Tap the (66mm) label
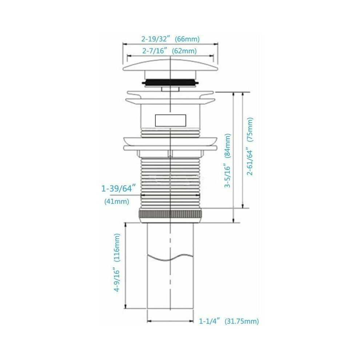[x=187, y=39]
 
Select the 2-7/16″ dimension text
[x=155, y=51]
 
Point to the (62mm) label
[x=184, y=51]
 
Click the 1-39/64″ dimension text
[x=117, y=188]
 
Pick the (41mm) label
[x=117, y=201]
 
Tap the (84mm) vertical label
[x=227, y=146]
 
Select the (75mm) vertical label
[x=249, y=130]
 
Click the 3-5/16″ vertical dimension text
[x=227, y=176]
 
